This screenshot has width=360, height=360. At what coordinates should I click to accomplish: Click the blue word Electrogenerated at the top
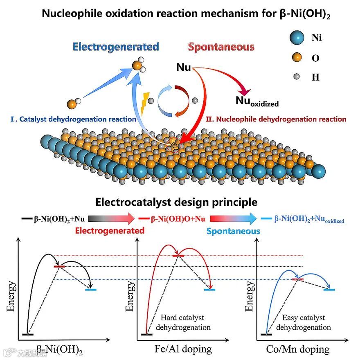point(116,47)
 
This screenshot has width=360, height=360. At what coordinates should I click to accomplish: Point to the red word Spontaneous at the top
point(221,47)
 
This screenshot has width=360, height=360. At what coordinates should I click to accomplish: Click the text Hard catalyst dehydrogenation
point(182,322)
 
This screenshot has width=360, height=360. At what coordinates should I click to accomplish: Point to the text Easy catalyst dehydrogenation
point(304,322)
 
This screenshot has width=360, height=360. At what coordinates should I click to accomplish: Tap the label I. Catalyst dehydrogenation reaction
point(73,119)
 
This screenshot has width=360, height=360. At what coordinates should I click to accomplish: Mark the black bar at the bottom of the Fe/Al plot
point(146,335)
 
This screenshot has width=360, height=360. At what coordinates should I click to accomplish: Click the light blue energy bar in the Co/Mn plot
point(329,289)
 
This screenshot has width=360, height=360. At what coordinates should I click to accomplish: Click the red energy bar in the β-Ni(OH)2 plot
point(60,266)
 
